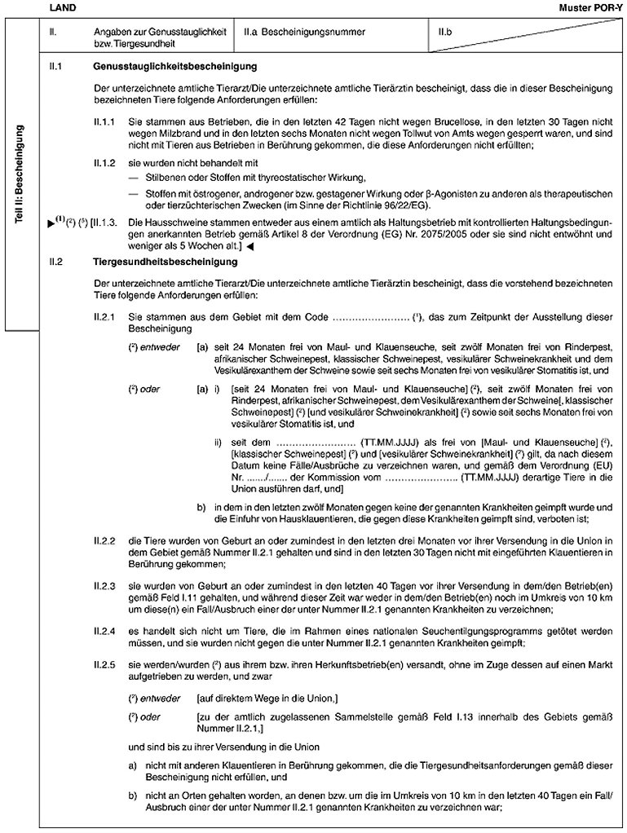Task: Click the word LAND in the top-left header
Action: tap(60, 7)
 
